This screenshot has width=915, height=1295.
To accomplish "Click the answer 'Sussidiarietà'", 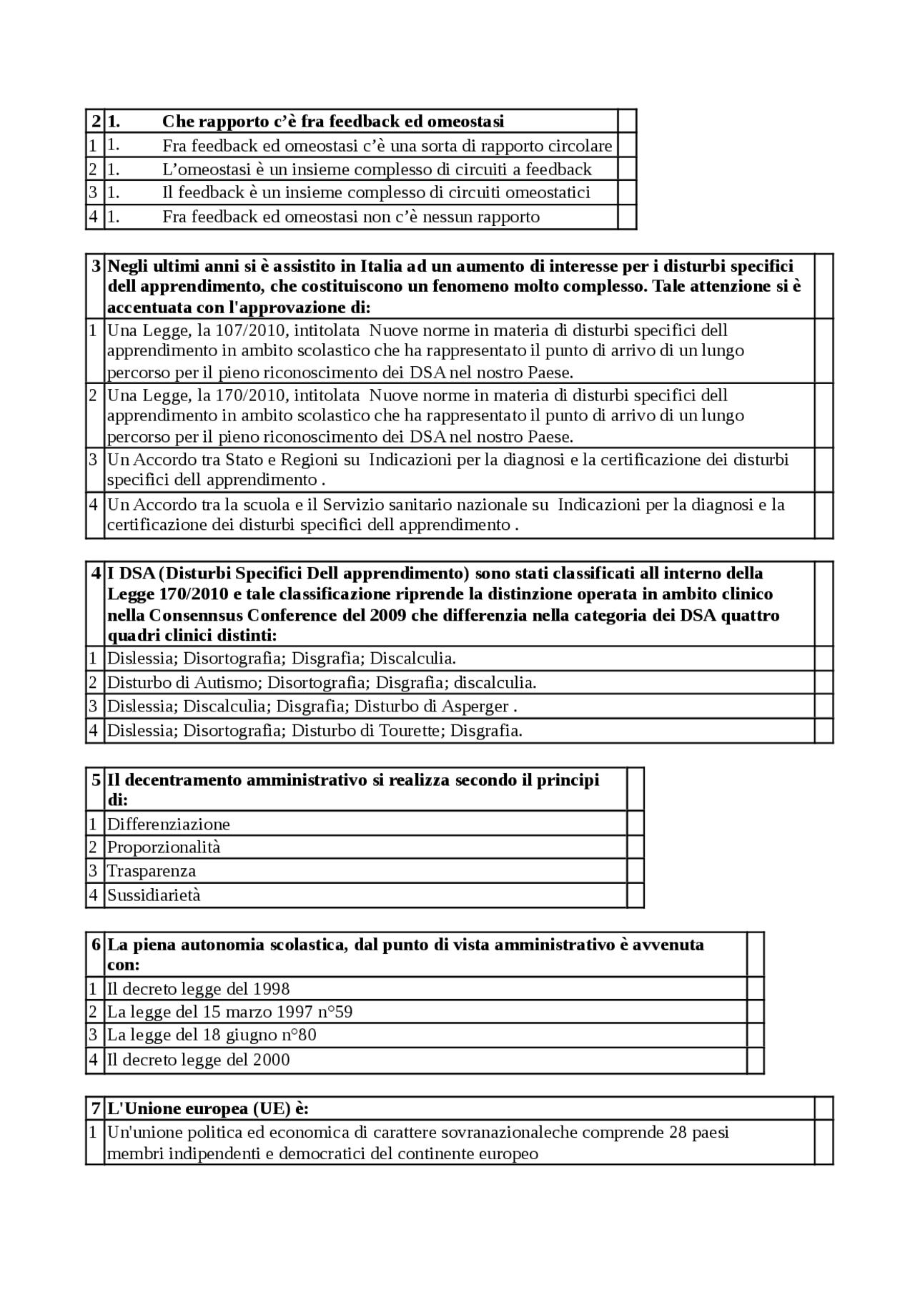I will pyautogui.click(x=154, y=895).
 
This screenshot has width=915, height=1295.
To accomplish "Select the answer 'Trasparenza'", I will pyautogui.click(x=152, y=870).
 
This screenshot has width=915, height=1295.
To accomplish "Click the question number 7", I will pyautogui.click(x=96, y=1108).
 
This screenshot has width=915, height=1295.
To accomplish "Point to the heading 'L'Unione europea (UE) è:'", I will pyautogui.click(x=207, y=1108).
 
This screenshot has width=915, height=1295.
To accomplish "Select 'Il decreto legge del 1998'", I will pyautogui.click(x=198, y=988).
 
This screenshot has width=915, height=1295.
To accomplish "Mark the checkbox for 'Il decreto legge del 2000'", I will pyautogui.click(x=755, y=1059).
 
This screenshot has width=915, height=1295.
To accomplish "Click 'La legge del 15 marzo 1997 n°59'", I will pyautogui.click(x=229, y=1011).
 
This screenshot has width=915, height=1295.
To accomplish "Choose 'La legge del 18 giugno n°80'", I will pyautogui.click(x=212, y=1035).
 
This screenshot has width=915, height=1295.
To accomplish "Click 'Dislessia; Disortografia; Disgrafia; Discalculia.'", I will pyautogui.click(x=281, y=658).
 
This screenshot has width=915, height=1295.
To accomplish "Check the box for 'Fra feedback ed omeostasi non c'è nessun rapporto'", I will pyautogui.click(x=627, y=216).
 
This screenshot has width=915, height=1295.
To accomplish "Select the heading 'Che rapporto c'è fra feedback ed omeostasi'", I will pyautogui.click(x=332, y=121).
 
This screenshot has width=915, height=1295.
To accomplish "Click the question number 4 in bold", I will pyautogui.click(x=96, y=573).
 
